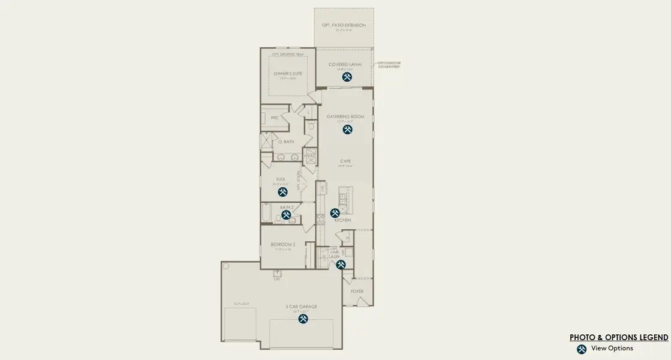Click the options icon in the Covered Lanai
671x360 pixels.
point(347,77)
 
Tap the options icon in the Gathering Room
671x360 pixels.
point(347,129)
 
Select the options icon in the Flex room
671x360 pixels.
point(282,192)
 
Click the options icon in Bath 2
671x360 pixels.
point(286,214)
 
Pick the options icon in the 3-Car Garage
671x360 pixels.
point(303,319)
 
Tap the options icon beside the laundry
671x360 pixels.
point(341,264)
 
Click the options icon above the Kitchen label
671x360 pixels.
point(335,213)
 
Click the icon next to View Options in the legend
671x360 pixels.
point(581,349)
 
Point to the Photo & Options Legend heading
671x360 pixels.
point(619,338)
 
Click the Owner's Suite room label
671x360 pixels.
point(288,74)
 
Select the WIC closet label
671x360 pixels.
point(274,118)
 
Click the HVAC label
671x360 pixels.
point(310,156)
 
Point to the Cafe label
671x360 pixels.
point(345,161)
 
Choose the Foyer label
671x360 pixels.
point(357,292)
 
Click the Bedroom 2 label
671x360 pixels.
point(282,245)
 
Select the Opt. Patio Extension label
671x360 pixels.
point(344,25)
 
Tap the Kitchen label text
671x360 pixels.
point(342,221)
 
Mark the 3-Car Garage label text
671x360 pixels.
point(301,307)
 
